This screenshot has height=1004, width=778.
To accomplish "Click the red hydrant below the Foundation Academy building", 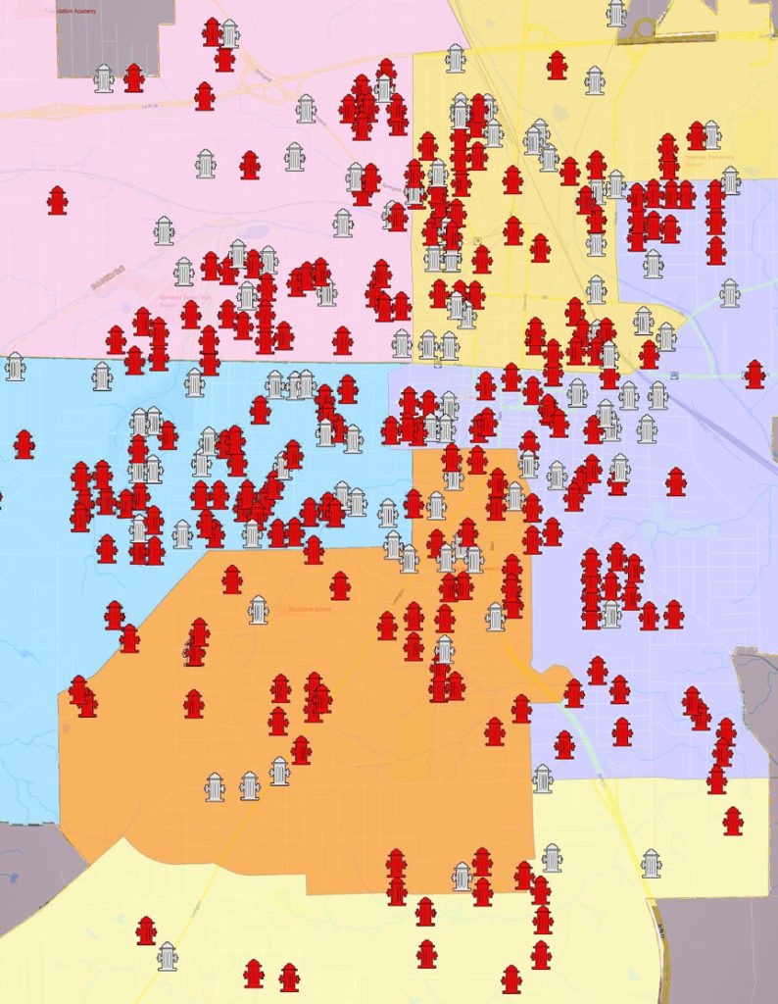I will [x=134, y=77].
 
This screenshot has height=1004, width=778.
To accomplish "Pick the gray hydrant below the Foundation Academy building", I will [x=104, y=78].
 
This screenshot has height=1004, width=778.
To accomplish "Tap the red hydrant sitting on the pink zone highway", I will [x=204, y=96].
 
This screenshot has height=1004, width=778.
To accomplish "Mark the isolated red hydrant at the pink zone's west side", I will [x=58, y=200].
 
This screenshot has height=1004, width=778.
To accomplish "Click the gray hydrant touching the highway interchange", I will [x=615, y=13].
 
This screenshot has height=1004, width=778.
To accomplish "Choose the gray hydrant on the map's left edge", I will [x=15, y=367].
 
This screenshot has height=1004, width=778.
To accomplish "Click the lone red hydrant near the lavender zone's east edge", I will [x=754, y=374].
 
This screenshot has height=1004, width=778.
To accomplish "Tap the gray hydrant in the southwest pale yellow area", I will [x=168, y=956].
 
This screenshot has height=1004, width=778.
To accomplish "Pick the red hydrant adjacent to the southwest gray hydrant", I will [x=146, y=930].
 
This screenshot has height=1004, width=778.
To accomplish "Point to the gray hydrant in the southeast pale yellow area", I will [x=651, y=864].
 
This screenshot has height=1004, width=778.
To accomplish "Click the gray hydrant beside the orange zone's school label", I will [x=258, y=610].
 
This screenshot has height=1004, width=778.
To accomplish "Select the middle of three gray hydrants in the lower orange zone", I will [x=249, y=785].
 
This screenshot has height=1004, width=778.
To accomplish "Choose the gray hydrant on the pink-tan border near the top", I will [x=455, y=58].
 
